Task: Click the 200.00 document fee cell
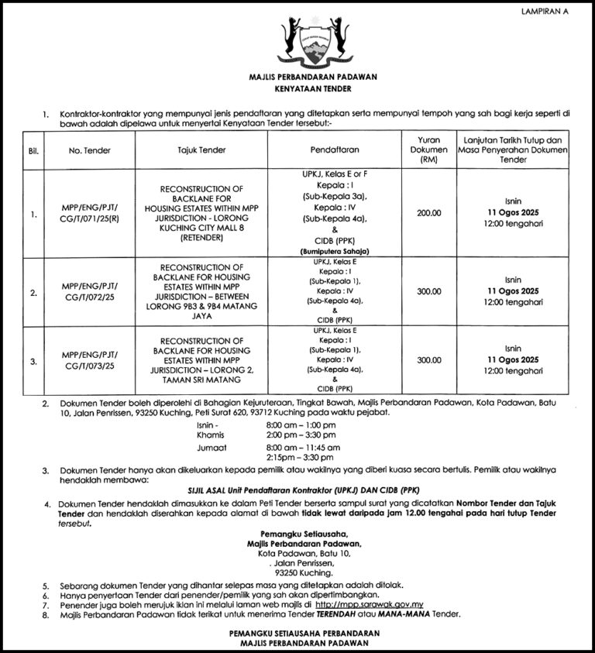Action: click(x=428, y=213)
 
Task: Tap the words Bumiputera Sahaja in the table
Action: click(x=333, y=252)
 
